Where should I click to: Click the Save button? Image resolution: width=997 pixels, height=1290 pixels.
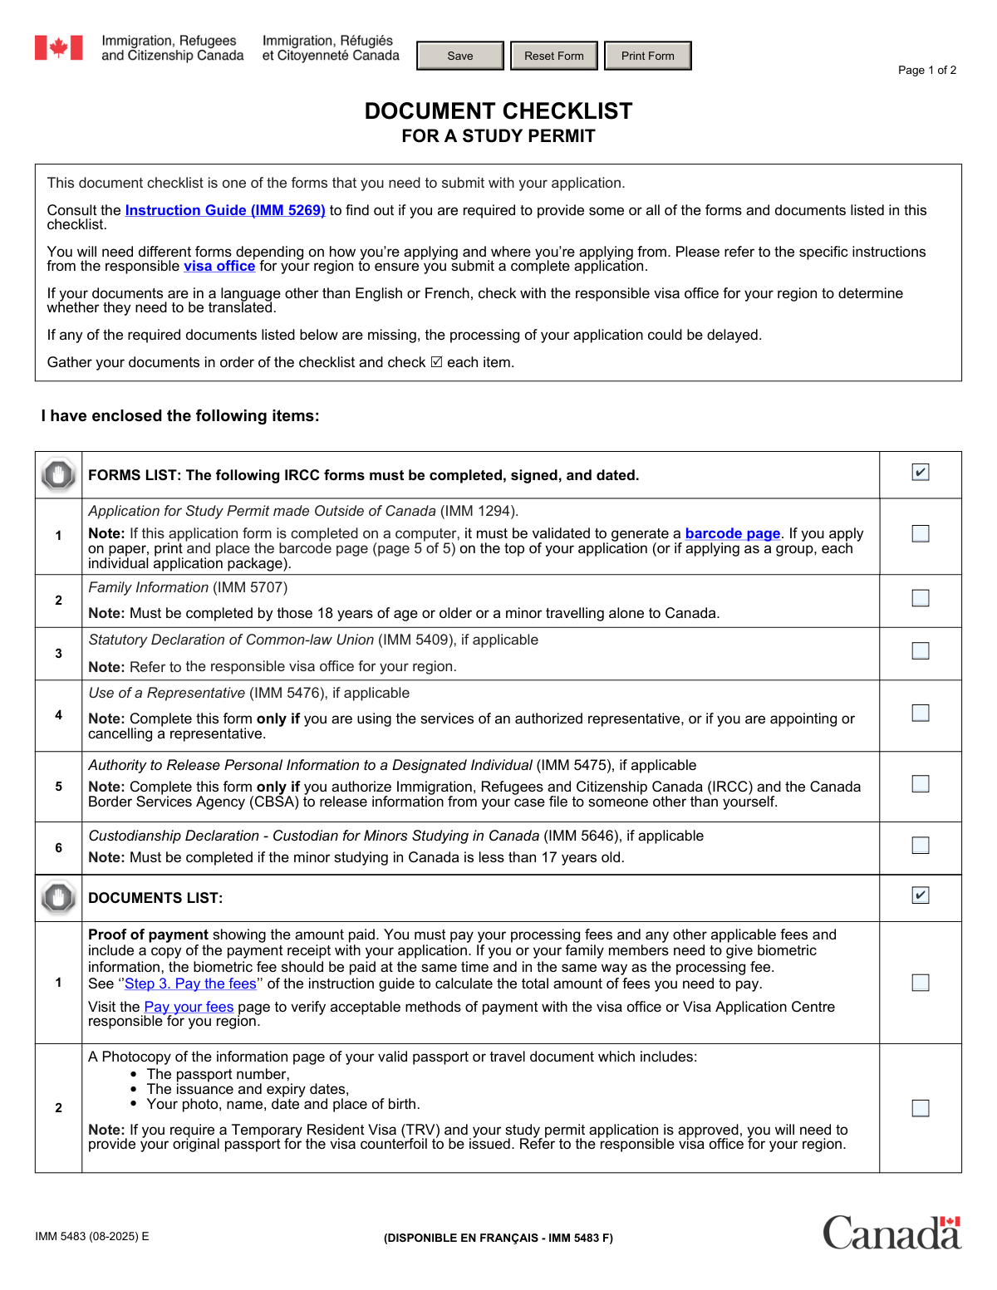pyautogui.click(x=460, y=56)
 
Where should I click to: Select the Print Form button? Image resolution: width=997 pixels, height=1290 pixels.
pyautogui.click(x=647, y=56)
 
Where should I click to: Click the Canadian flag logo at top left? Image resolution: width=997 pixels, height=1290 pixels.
pyautogui.click(x=58, y=48)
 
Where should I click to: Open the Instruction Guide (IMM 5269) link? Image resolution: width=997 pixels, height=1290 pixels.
pyautogui.click(x=225, y=211)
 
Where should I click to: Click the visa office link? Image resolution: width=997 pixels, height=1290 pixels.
pyautogui.click(x=219, y=267)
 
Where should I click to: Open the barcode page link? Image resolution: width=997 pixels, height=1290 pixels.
pyautogui.click(x=732, y=534)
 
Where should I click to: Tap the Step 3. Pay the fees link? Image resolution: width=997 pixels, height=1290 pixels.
pyautogui.click(x=190, y=984)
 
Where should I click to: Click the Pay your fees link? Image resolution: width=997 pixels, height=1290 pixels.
pyautogui.click(x=189, y=1008)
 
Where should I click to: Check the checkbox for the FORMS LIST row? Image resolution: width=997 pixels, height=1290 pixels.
pyautogui.click(x=921, y=473)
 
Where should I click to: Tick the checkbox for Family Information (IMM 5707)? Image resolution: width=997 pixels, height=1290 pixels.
pyautogui.click(x=921, y=598)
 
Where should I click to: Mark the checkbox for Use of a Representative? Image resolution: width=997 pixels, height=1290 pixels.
pyautogui.click(x=921, y=713)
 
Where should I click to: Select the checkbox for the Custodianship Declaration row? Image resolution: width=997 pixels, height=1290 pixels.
pyautogui.click(x=921, y=845)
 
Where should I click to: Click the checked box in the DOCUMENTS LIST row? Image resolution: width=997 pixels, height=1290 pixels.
pyautogui.click(x=921, y=895)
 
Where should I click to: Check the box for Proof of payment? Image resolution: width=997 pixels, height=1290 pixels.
pyautogui.click(x=921, y=983)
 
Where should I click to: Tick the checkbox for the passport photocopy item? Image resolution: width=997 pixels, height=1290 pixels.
pyautogui.click(x=921, y=1108)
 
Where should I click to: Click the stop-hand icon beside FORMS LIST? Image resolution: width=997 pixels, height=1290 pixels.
pyautogui.click(x=58, y=475)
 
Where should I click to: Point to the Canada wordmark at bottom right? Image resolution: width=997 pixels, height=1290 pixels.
pyautogui.click(x=891, y=1233)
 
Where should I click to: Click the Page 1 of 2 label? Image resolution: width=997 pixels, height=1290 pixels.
pyautogui.click(x=926, y=71)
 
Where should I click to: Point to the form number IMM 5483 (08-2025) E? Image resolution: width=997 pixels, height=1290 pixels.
pyautogui.click(x=92, y=1237)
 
